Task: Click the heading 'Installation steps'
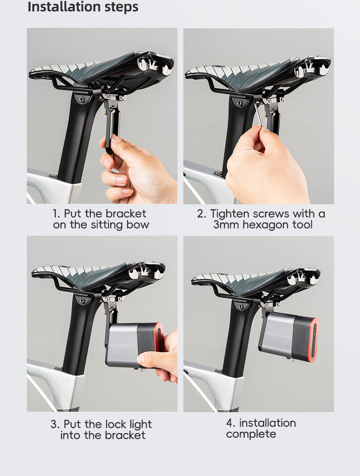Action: (83, 7)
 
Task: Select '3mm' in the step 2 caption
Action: (226, 225)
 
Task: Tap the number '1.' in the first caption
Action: (57, 214)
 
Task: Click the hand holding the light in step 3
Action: (162, 358)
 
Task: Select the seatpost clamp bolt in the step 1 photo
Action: (83, 97)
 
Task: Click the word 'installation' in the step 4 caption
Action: (267, 423)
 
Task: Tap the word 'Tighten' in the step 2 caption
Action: (230, 214)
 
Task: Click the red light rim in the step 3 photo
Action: (159, 337)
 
